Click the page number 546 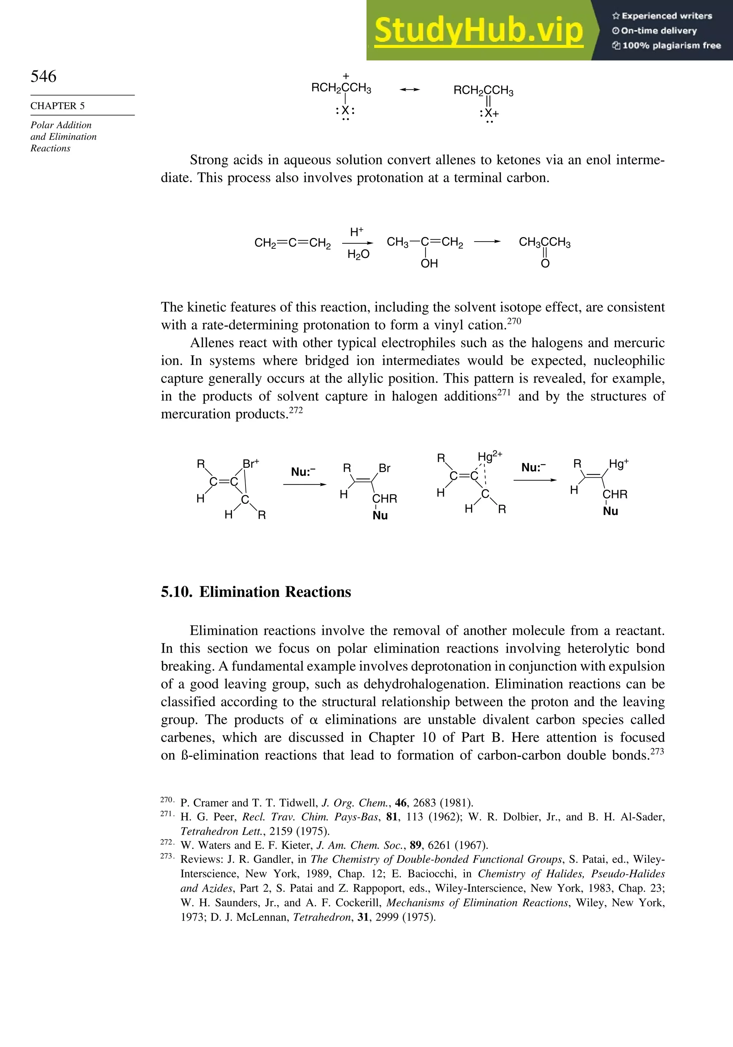click(x=43, y=76)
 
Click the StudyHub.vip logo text click(x=479, y=30)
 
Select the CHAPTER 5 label click(x=58, y=106)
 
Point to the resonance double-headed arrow click(x=409, y=90)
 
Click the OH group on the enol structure click(x=429, y=264)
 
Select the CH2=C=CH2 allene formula click(x=292, y=243)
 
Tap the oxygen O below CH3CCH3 click(x=545, y=264)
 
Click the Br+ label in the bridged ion click(x=251, y=464)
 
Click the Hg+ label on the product click(x=618, y=464)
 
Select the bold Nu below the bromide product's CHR click(x=380, y=515)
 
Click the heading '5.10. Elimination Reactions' click(x=256, y=592)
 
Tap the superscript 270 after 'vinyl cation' click(x=514, y=321)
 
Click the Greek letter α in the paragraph click(x=313, y=720)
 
